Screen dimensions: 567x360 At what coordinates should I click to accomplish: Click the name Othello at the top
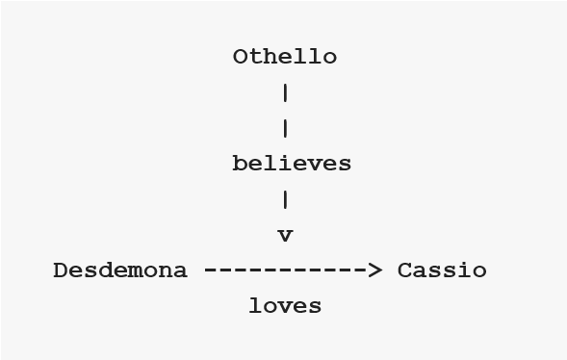click(285, 57)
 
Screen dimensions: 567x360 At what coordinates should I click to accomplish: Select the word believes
click(292, 165)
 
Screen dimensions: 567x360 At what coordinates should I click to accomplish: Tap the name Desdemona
click(120, 270)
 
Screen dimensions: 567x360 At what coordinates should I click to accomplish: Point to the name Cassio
click(442, 270)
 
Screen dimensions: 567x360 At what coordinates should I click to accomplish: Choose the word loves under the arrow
click(285, 306)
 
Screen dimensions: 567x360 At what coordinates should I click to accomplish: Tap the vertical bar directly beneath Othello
click(286, 93)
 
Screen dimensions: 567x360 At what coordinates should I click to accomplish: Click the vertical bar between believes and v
click(286, 200)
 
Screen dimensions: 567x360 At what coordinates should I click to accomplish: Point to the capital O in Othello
click(241, 57)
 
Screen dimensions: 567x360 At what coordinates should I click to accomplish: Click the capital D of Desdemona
click(61, 270)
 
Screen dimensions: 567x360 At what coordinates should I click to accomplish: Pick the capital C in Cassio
click(405, 270)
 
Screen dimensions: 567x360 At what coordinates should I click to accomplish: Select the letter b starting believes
click(240, 165)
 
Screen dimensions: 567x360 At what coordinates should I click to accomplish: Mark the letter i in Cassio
click(465, 270)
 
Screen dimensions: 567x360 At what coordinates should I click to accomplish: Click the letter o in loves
click(271, 306)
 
